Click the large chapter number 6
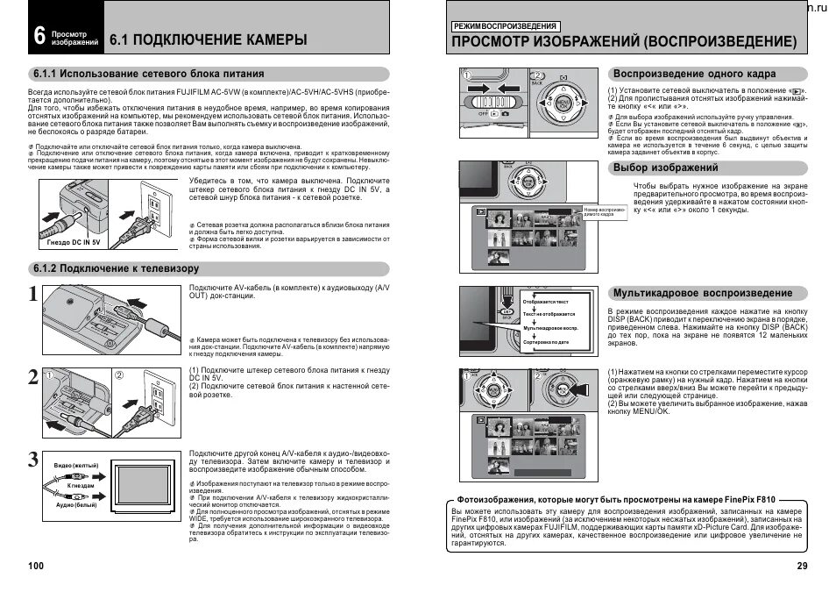39,35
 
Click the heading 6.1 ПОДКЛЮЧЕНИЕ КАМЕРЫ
209,39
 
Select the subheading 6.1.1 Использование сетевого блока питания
147,74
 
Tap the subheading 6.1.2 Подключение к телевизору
116,268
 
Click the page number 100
36,566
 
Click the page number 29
802,566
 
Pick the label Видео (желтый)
76,464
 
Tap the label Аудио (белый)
76,505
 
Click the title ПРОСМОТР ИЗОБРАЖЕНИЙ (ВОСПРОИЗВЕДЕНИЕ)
625,42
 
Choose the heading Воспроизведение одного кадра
694,74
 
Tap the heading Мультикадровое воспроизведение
703,293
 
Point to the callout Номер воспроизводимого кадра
604,212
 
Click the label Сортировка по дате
546,341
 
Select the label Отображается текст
545,302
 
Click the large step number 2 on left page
32,378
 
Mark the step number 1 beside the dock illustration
32,296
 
